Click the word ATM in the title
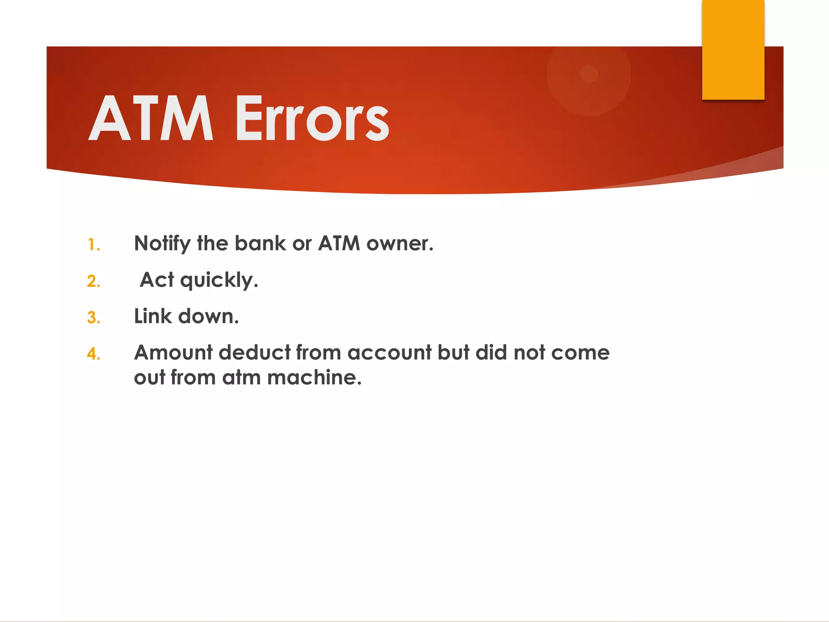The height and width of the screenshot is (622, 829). [x=151, y=118]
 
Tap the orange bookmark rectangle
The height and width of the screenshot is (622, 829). [x=733, y=49]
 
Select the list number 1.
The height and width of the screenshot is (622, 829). [x=94, y=245]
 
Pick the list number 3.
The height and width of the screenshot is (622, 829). [x=94, y=318]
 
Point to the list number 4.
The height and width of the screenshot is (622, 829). [x=94, y=354]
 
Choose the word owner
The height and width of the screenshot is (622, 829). [x=400, y=244]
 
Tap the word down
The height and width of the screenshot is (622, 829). [x=208, y=316]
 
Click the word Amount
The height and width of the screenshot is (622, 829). [x=173, y=352]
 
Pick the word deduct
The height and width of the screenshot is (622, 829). [x=255, y=352]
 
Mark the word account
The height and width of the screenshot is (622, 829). [x=389, y=352]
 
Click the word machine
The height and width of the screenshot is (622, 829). [x=314, y=377]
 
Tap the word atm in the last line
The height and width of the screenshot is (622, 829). [x=241, y=377]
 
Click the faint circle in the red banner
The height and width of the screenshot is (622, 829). [x=589, y=75]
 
